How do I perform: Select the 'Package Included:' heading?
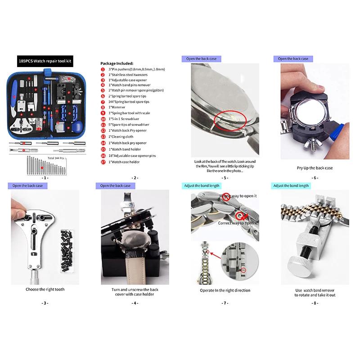pyautogui.click(x=117, y=63)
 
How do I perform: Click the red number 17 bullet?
pyautogui.click(x=103, y=161)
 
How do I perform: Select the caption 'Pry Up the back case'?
pyautogui.click(x=315, y=168)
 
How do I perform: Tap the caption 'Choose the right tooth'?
pyautogui.click(x=45, y=289)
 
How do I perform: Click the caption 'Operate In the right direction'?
pyautogui.click(x=225, y=291)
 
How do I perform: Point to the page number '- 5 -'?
pyautogui.click(x=225, y=178)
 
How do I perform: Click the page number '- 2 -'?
pyautogui.click(x=135, y=178)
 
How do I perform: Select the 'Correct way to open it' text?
pyautogui.click(x=238, y=223)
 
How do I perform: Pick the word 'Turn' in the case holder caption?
pyautogui.click(x=117, y=290)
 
